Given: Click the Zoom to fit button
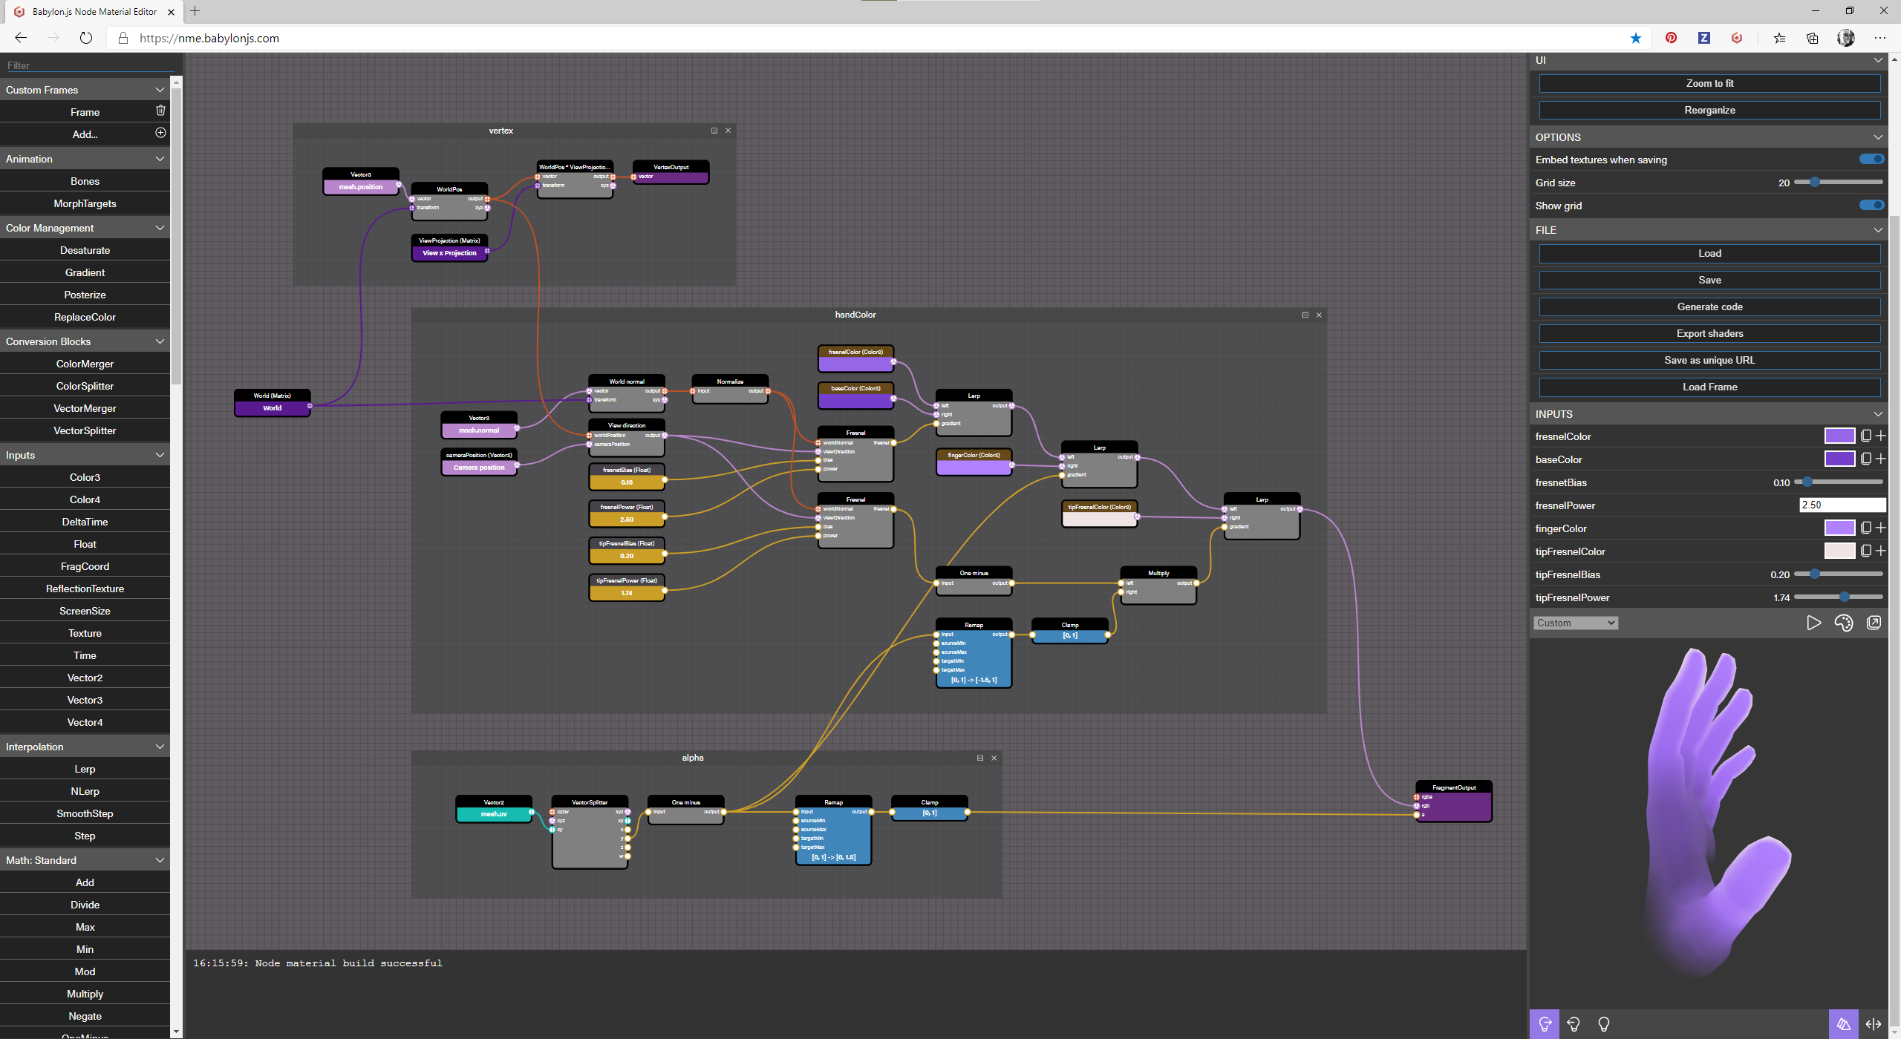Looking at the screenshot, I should (x=1709, y=84).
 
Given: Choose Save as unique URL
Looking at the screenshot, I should (x=1709, y=361).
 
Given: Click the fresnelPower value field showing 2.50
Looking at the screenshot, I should (x=1842, y=505).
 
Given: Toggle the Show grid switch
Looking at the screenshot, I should (x=1871, y=206).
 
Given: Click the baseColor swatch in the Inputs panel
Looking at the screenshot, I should (x=1839, y=459).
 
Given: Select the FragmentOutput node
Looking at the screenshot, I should (x=1453, y=788).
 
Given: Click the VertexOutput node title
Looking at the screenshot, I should (x=671, y=167).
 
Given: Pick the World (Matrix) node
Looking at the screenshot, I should (x=272, y=396).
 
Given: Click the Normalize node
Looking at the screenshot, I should (x=730, y=382).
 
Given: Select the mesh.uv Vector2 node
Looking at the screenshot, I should (x=494, y=813).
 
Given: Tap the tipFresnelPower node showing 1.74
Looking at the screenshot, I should (x=627, y=593).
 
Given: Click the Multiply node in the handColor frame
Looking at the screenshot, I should (x=1158, y=574).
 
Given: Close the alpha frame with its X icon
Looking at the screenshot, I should (x=994, y=758).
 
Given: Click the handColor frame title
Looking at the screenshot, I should (x=855, y=315).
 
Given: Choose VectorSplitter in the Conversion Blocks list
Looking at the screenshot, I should (x=85, y=431).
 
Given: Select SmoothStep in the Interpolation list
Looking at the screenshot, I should (x=85, y=814).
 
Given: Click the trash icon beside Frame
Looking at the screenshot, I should (x=160, y=111).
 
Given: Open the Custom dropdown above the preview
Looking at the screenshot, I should (x=1575, y=623).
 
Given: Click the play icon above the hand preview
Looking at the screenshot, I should (x=1813, y=623).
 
